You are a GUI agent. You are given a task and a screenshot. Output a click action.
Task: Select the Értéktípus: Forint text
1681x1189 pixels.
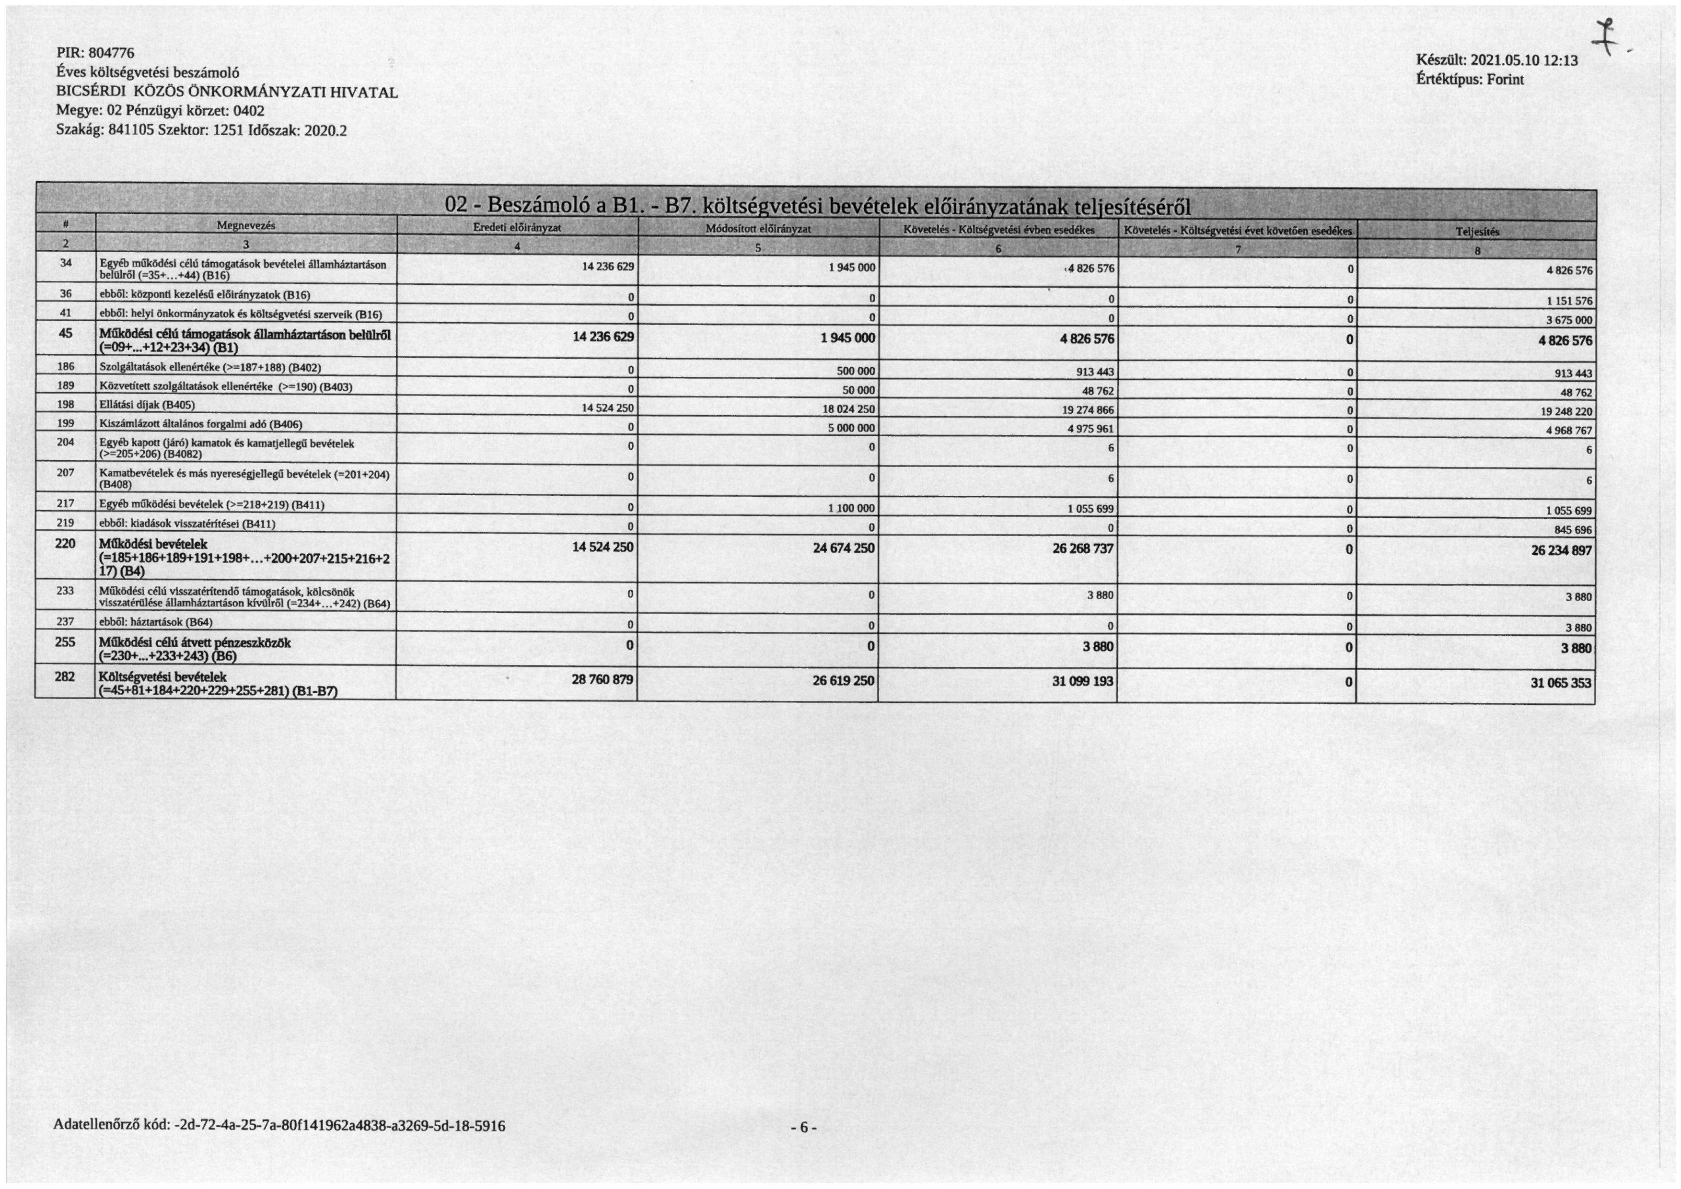pos(1470,79)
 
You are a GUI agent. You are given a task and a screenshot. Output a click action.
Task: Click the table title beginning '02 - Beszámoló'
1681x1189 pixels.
pos(818,204)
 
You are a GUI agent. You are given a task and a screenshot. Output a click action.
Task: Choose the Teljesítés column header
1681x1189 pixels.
pos(1477,232)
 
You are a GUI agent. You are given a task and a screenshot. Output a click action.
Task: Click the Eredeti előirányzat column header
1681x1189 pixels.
pos(517,228)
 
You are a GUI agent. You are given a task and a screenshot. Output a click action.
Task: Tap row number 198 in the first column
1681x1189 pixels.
pos(65,405)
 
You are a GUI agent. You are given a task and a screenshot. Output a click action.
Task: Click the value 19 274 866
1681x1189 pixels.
pos(1088,410)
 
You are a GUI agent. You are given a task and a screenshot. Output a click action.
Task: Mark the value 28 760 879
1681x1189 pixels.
pos(602,680)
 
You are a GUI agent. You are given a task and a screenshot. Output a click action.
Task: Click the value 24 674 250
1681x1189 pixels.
pos(844,548)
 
